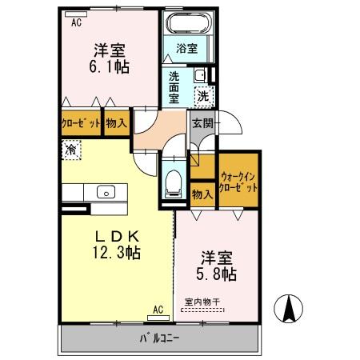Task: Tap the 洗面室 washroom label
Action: tap(174, 87)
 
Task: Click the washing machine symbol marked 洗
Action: tap(204, 95)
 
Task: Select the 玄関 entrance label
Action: tap(202, 124)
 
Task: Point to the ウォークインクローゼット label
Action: tap(239, 181)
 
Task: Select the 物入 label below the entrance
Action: tap(202, 193)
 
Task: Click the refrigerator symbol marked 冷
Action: tap(71, 149)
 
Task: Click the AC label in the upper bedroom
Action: tap(77, 23)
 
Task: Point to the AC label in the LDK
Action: tap(158, 309)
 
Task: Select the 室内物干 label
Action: tap(204, 302)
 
